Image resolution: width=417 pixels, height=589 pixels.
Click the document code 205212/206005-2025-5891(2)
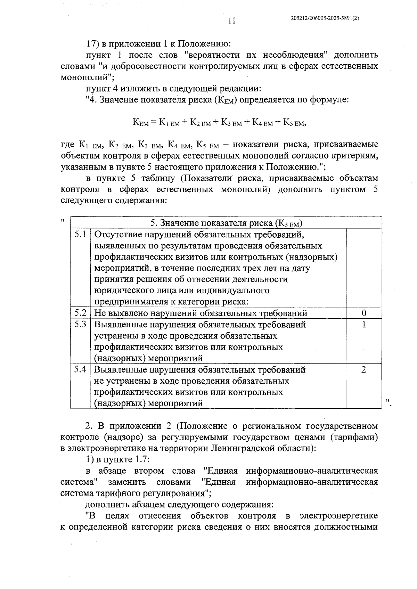pos(324,19)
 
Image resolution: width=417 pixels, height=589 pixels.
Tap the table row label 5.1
pos(80,234)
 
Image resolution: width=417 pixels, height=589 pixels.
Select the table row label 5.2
pos(80,313)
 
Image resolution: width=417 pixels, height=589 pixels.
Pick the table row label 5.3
pos(80,324)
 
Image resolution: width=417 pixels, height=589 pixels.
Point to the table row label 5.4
pos(80,369)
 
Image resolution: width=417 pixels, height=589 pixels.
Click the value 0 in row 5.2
pos(364,313)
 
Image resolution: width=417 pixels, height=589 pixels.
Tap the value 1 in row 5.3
pos(364,325)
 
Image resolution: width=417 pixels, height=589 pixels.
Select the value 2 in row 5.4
pos(364,369)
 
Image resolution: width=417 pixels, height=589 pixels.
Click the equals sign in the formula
pos(154,122)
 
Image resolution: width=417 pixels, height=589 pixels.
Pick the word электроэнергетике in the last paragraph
pos(339,516)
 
